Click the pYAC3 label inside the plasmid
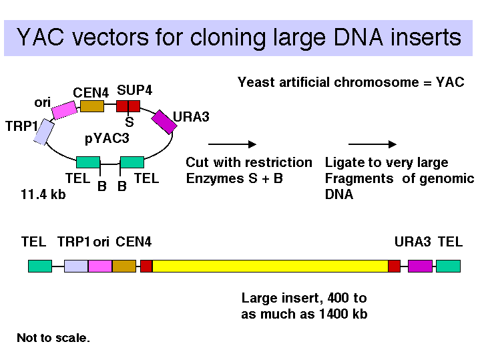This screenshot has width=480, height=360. tap(107, 138)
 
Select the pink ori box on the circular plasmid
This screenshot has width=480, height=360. tap(64, 110)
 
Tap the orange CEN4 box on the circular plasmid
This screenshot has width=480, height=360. tap(92, 106)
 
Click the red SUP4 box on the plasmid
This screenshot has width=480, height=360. tap(128, 106)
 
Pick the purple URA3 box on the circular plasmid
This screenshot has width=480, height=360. tap(164, 122)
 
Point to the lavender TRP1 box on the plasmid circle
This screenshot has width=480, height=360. tap(44, 132)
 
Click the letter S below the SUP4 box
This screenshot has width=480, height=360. tap(130, 122)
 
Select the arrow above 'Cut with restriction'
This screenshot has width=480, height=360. tap(232, 144)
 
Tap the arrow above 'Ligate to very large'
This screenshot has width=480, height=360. tap(373, 144)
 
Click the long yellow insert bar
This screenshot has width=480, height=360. tap(270, 266)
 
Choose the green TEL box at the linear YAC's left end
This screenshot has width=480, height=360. tap(40, 266)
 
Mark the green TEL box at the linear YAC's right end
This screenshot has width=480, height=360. tap(448, 266)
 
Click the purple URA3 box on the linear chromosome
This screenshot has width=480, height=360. tap(421, 266)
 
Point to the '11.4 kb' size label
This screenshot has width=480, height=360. tap(43, 194)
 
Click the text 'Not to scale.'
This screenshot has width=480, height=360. tap(53, 338)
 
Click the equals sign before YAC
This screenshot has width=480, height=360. tap(427, 83)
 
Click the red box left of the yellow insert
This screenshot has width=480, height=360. tap(146, 266)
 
